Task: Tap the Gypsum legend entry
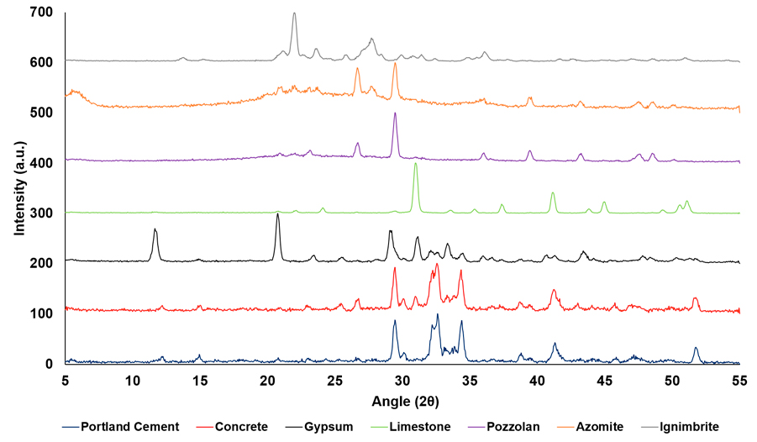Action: coord(360,427)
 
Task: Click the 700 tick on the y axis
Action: coord(41,13)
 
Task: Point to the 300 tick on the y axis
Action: coord(41,213)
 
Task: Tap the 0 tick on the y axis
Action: coord(50,363)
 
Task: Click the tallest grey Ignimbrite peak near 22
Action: coord(294,13)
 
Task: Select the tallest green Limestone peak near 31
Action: coord(415,163)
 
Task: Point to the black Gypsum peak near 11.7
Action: coord(155,229)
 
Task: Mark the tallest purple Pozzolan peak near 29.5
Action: coord(395,113)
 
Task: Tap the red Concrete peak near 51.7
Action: coord(695,298)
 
